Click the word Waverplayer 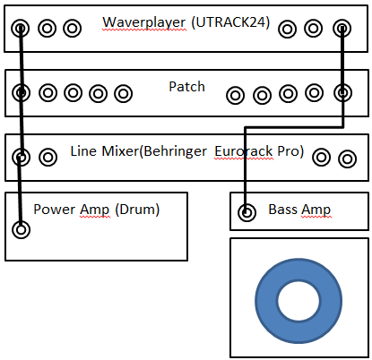click(144, 22)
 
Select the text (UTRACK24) click(230, 22)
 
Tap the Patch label click(186, 87)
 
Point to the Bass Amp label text click(299, 210)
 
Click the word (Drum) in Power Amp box click(137, 210)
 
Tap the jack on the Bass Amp click(247, 213)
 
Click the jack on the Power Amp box click(21, 229)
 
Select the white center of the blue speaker click(298, 301)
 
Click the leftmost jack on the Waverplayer click(21, 29)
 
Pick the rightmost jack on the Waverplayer click(342, 29)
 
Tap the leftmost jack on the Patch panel click(21, 92)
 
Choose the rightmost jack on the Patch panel click(342, 92)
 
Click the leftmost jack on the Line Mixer click(21, 157)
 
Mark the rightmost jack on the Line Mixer click(347, 159)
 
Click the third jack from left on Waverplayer click(73, 29)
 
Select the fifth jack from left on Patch click(124, 93)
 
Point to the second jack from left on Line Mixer click(48, 157)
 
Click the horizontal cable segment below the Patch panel click(294, 127)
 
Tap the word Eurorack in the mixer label click(244, 151)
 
